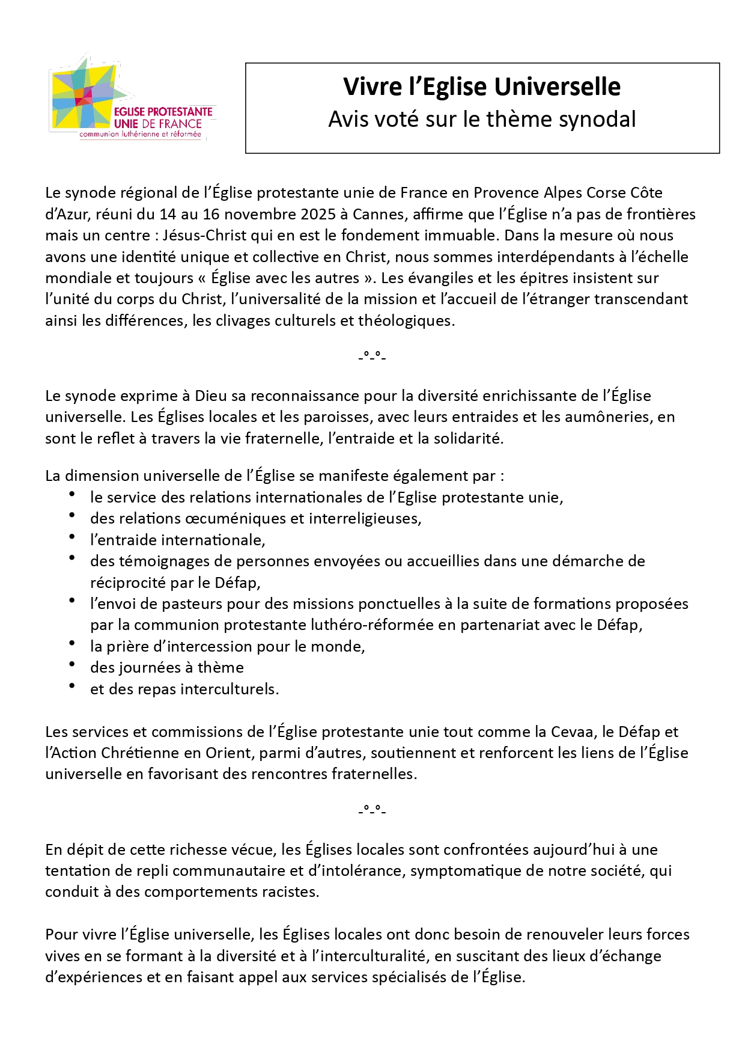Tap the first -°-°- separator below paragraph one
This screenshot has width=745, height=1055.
tap(372, 356)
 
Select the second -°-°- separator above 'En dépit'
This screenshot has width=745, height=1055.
tap(372, 810)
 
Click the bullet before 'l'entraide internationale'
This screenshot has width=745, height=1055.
tap(72, 537)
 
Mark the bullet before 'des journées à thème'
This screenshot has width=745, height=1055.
tap(72, 664)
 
